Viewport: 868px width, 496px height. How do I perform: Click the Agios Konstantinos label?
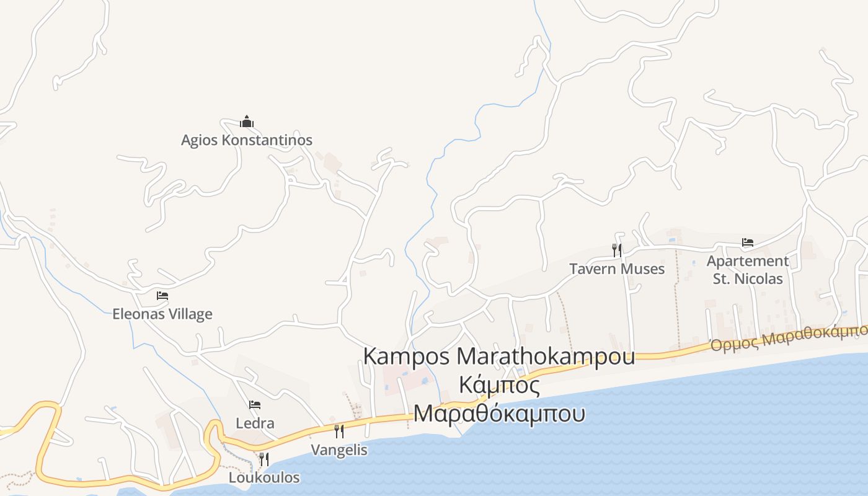point(246,140)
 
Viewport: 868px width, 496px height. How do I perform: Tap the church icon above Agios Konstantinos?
point(247,122)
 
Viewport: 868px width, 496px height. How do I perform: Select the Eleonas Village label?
point(162,314)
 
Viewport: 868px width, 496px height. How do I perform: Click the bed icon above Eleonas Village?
point(162,296)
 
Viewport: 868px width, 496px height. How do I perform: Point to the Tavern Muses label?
point(617,269)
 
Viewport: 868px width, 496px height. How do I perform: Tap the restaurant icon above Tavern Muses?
point(617,250)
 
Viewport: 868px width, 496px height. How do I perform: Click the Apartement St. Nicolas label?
point(748,270)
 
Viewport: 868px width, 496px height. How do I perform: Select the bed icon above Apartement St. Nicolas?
point(748,242)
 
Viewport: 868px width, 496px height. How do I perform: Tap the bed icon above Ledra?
point(255,405)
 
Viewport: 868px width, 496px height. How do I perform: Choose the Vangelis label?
point(339,450)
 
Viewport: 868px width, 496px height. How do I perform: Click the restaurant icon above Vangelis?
point(339,431)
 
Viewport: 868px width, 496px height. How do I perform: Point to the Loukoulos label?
point(264,478)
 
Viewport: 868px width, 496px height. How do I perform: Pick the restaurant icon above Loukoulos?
point(264,459)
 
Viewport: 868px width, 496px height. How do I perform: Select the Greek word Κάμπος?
point(499,386)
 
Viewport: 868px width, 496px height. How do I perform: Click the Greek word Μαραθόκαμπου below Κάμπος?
point(499,413)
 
